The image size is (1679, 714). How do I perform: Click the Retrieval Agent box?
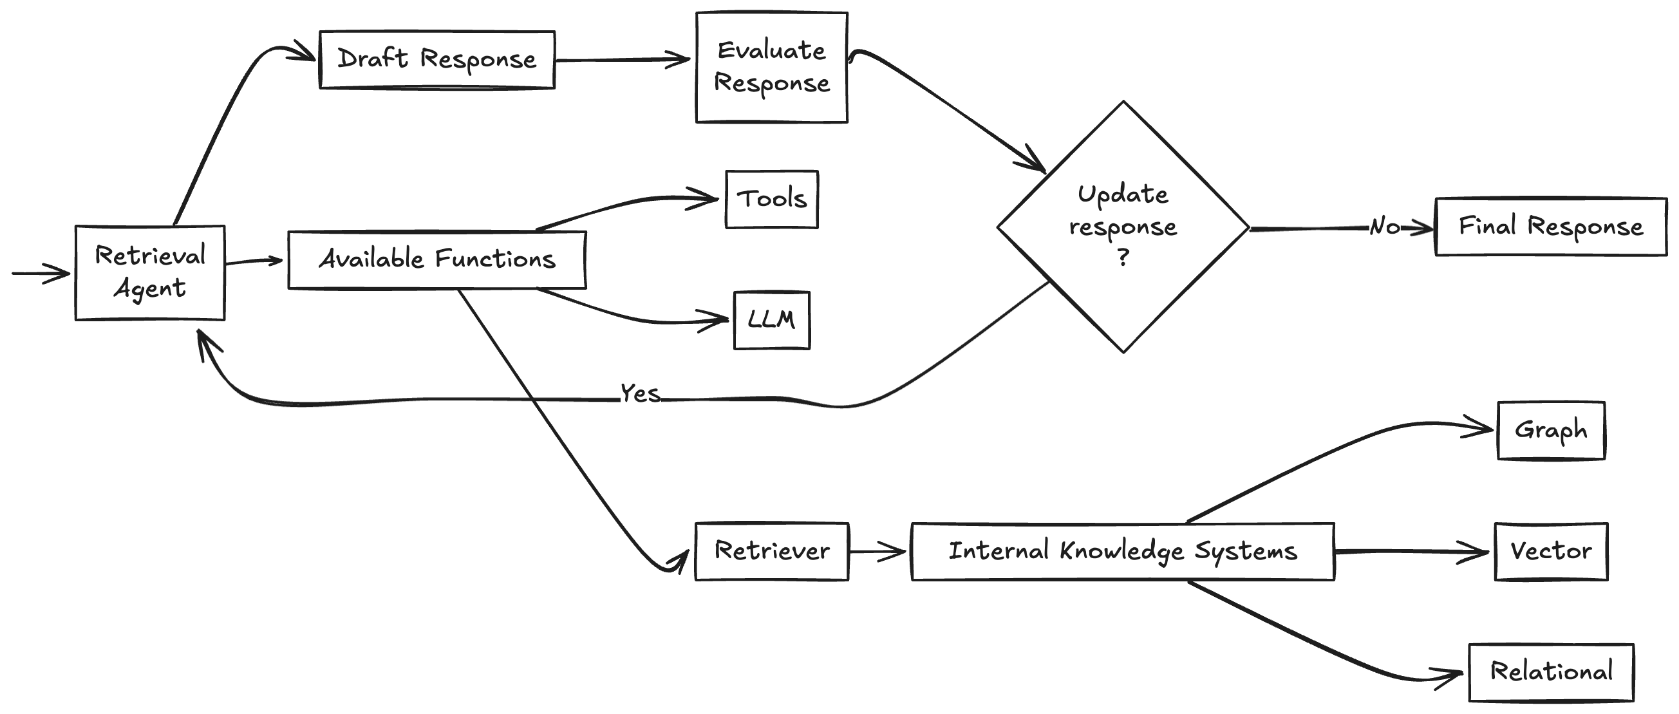click(x=150, y=272)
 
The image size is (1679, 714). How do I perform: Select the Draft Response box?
click(x=436, y=59)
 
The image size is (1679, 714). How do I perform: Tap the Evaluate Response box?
click(x=772, y=67)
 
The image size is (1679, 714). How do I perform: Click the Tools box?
click(x=772, y=199)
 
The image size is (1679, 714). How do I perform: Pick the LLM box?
click(x=772, y=320)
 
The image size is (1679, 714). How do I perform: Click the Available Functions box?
click(x=436, y=259)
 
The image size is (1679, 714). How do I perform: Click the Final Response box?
click(x=1551, y=226)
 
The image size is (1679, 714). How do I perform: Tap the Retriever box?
click(x=772, y=551)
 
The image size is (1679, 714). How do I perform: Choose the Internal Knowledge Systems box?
click(x=1122, y=551)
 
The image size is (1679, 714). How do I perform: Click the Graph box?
click(x=1551, y=430)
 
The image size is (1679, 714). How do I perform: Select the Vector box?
click(x=1551, y=551)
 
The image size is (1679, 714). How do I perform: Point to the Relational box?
click(x=1551, y=672)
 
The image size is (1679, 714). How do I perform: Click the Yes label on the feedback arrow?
click(x=640, y=394)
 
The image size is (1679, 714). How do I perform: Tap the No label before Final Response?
click(x=1384, y=226)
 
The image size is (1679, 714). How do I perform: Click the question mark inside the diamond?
click(x=1123, y=258)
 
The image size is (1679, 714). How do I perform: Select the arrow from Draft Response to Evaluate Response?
click(x=623, y=60)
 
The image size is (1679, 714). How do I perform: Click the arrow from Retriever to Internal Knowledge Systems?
click(x=877, y=552)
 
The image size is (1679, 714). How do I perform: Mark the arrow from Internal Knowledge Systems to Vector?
click(x=1411, y=552)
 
